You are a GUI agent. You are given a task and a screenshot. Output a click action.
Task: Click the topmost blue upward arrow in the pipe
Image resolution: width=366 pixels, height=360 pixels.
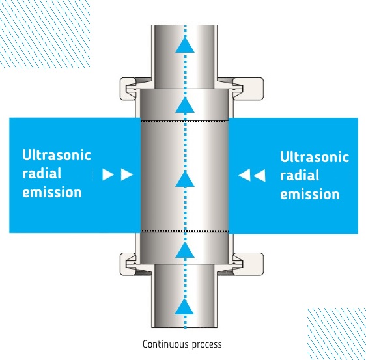pyautogui.click(x=185, y=45)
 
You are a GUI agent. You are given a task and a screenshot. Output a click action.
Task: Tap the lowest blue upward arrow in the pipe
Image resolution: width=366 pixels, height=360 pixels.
pyautogui.click(x=185, y=307)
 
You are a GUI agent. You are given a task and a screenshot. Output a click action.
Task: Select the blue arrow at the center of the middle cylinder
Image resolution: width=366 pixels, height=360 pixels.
pyautogui.click(x=185, y=179)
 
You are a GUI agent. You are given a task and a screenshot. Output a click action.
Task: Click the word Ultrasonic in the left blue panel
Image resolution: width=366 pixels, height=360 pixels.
pyautogui.click(x=57, y=155)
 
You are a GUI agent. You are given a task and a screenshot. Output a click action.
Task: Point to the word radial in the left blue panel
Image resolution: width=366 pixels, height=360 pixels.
pyautogui.click(x=42, y=173)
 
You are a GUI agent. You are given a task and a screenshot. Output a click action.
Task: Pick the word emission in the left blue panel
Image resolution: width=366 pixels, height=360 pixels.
pyautogui.click(x=52, y=192)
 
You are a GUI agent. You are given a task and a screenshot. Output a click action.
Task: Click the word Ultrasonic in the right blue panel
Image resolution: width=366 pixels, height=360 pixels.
pyautogui.click(x=315, y=156)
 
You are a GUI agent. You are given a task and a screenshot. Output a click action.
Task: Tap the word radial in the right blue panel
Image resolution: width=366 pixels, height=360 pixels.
pyautogui.click(x=300, y=175)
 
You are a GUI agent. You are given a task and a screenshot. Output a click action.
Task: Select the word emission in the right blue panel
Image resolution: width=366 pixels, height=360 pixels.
pyautogui.click(x=310, y=194)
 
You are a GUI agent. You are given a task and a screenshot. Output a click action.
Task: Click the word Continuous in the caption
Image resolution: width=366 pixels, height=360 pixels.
pyautogui.click(x=165, y=344)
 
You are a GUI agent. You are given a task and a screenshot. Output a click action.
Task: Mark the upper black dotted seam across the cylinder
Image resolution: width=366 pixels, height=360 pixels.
pyautogui.click(x=184, y=121)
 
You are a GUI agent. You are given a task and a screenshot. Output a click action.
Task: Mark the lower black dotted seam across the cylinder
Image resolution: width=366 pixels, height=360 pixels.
pyautogui.click(x=184, y=231)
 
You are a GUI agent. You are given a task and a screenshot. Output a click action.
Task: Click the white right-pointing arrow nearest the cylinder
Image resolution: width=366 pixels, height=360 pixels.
pyautogui.click(x=127, y=174)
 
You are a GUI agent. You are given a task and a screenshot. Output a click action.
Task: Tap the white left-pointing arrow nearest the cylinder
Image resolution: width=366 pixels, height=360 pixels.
pyautogui.click(x=244, y=175)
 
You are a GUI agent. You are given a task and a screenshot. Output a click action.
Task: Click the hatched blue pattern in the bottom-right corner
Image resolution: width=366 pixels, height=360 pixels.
pyautogui.click(x=336, y=334)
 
